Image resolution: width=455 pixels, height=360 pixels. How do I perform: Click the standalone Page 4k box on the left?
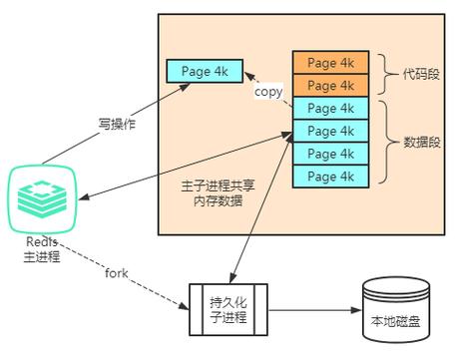(x=204, y=72)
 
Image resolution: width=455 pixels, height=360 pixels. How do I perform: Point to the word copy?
(x=267, y=92)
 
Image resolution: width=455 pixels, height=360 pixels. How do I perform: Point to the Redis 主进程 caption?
(x=42, y=250)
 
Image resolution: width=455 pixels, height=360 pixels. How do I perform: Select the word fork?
(x=118, y=272)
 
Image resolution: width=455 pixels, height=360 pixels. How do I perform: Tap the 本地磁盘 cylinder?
(x=397, y=310)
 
